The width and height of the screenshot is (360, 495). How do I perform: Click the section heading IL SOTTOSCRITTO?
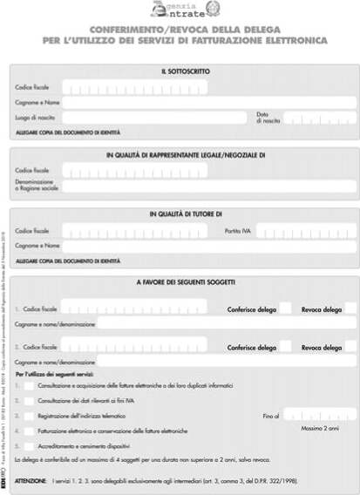[x=185, y=71]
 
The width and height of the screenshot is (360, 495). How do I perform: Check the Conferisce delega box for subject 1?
[x=285, y=309]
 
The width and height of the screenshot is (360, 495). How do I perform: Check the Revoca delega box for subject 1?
[x=350, y=309]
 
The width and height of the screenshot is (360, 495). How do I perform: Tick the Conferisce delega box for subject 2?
[x=285, y=346]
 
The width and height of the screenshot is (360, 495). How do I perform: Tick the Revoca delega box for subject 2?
[x=350, y=346]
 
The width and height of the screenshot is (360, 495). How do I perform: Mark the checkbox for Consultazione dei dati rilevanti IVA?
[x=30, y=400]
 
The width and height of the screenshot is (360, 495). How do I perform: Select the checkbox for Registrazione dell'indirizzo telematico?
[x=30, y=416]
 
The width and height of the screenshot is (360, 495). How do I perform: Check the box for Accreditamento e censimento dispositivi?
[x=30, y=446]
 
